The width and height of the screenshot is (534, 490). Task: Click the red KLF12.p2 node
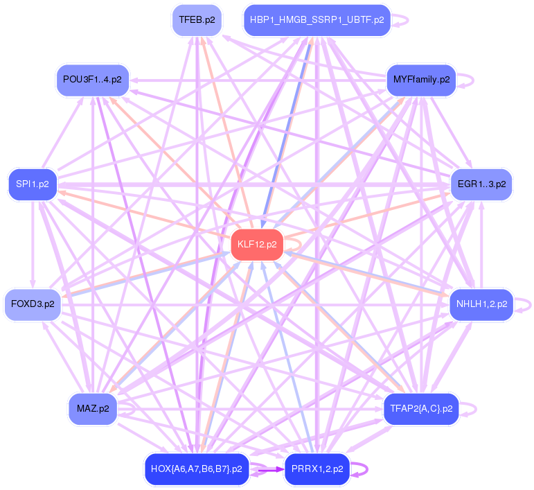coord(256,245)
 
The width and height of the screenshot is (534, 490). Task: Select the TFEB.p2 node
coord(197,20)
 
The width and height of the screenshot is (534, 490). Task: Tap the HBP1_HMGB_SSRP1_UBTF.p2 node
coord(317,20)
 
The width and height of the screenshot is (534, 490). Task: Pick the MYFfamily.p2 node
coord(421,79)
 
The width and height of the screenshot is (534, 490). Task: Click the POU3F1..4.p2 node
coord(91,79)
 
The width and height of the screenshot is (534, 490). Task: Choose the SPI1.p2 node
coord(32,185)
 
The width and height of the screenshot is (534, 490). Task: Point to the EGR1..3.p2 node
coord(481,185)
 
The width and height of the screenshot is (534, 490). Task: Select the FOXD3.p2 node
coord(33,304)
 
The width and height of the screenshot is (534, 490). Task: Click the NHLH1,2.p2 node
coord(481,304)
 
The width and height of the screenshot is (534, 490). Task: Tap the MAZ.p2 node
coord(92,409)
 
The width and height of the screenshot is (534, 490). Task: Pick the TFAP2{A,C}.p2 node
coord(420,409)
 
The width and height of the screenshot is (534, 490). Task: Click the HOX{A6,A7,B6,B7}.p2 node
coord(196,469)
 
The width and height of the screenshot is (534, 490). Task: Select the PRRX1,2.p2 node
coord(316,469)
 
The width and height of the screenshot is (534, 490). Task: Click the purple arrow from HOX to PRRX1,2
coord(267,470)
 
